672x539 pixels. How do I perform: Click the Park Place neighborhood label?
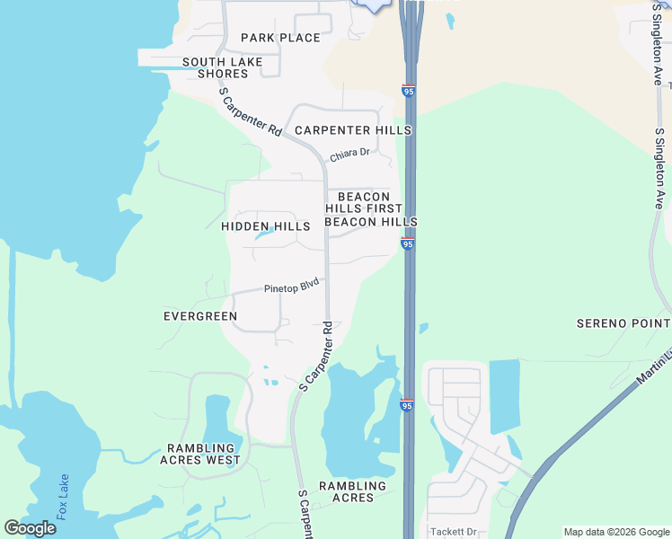[280, 38]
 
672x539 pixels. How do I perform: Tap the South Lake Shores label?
[222, 67]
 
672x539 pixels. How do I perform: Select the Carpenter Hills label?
[353, 130]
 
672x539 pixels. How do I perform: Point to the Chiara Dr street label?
[349, 155]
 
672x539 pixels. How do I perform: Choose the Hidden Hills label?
[265, 227]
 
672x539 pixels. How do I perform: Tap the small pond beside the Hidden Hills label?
[265, 235]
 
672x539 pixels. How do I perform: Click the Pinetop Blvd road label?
[292, 287]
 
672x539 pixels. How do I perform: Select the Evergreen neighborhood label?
[200, 316]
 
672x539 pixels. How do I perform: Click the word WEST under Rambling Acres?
[224, 460]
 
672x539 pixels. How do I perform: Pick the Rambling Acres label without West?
[352, 491]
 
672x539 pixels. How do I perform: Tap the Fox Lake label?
[62, 497]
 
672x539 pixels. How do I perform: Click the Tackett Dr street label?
[453, 531]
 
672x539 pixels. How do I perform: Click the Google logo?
[30, 528]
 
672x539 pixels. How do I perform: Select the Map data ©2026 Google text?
[615, 532]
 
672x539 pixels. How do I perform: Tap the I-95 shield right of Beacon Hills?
[407, 243]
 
